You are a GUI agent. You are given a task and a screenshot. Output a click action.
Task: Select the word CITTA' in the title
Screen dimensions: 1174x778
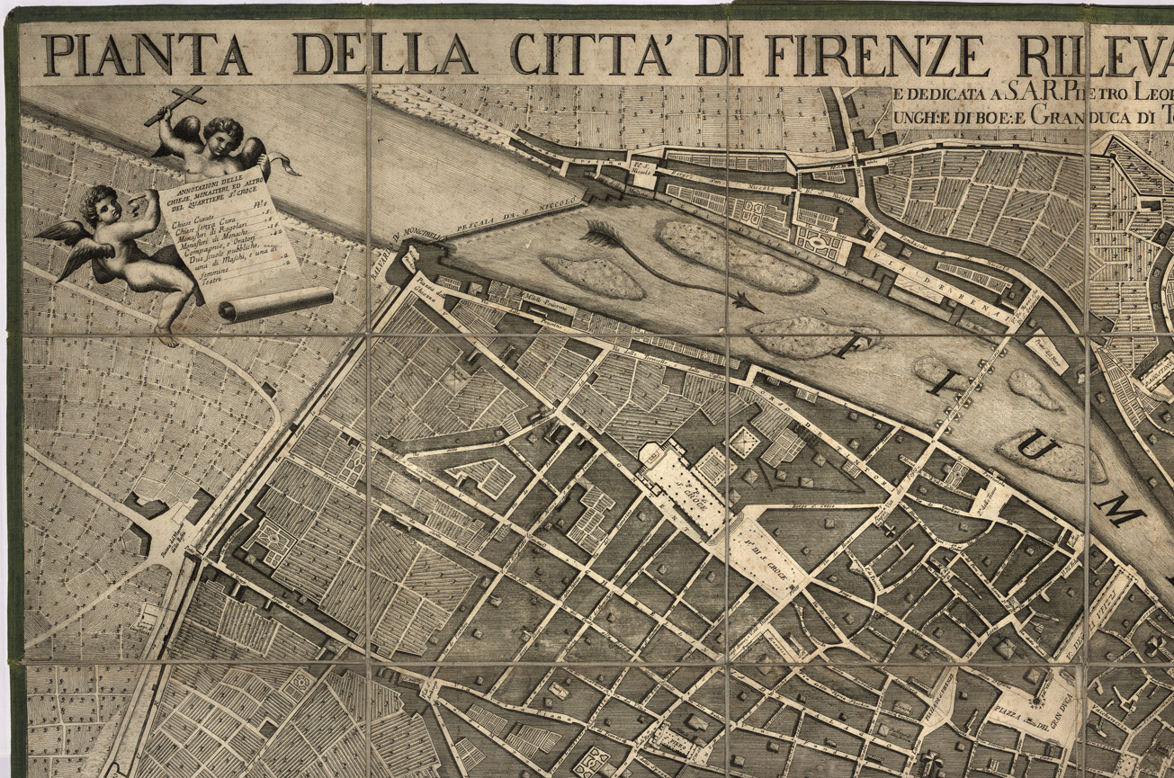[590, 56]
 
